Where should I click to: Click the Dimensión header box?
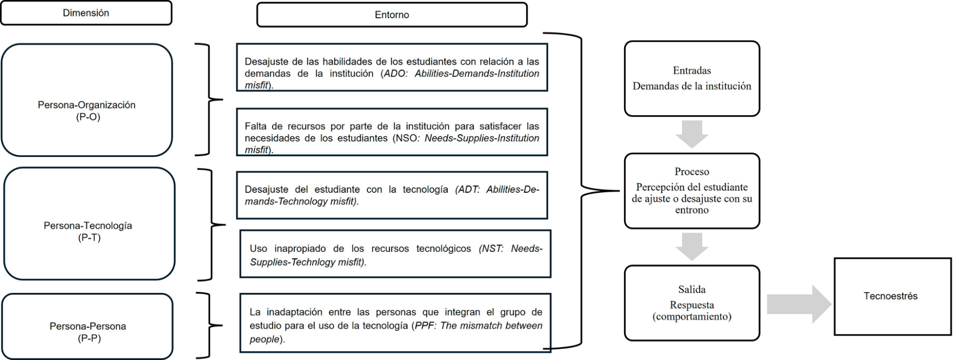86,13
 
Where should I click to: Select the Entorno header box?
392,15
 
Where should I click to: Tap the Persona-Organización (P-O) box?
87,100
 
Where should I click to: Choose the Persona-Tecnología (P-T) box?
89,224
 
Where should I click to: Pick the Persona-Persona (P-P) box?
88,327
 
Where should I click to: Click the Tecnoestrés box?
892,296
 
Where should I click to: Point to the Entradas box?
692,78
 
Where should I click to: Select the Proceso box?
692,190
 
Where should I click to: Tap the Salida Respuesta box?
692,303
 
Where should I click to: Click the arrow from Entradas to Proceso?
692,134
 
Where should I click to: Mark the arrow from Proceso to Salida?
692,246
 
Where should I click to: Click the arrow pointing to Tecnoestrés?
799,304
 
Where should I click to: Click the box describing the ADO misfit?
392,67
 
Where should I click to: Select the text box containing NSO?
392,132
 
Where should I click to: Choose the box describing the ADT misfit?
392,195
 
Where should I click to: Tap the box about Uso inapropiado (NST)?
395,254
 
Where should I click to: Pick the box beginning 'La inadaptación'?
395,323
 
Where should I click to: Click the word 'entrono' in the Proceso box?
692,210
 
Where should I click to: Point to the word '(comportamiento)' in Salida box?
692,316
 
